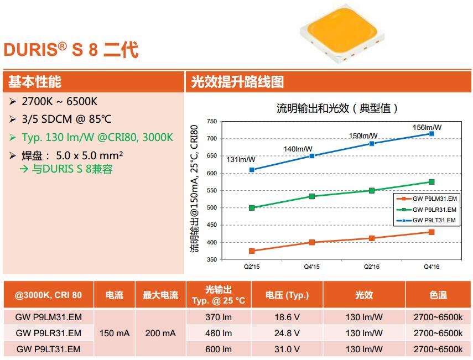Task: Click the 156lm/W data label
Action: [428, 127]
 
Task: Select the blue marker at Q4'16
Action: [432, 134]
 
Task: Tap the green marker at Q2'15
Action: [252, 208]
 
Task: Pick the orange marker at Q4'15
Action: [312, 242]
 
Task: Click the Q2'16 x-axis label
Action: [371, 267]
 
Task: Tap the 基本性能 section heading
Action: [34, 82]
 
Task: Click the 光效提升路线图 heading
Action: [237, 82]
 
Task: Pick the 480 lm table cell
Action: [219, 333]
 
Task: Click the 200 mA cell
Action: [160, 333]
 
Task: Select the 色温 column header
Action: [438, 295]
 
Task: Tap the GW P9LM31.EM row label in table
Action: [49, 317]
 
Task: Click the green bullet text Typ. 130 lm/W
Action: [98, 137]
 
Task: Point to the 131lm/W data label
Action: [241, 159]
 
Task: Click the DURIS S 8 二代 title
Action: [71, 50]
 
